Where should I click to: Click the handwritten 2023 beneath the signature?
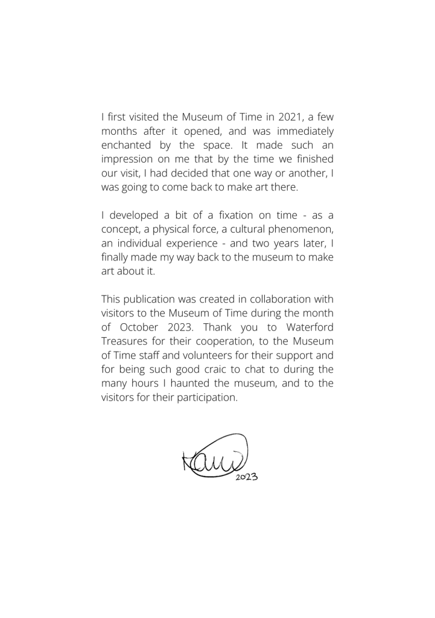[246, 475]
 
